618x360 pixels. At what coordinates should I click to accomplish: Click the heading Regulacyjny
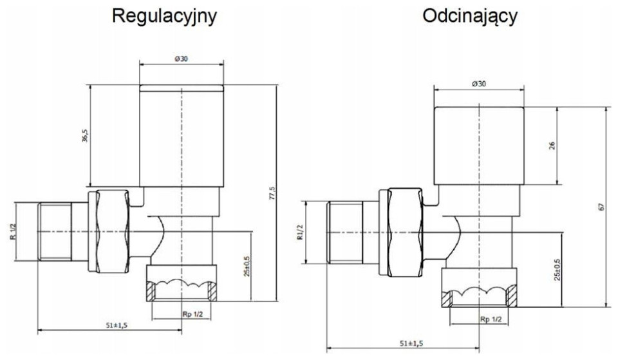coord(164,16)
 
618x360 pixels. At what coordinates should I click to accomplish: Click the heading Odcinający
coord(470,16)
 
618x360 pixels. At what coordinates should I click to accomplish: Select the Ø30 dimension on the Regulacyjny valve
coord(181,59)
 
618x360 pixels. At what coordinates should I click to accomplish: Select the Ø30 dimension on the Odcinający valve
coord(478,84)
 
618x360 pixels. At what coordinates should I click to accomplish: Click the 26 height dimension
coord(552,146)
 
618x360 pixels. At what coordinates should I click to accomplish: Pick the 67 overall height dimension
coord(600,207)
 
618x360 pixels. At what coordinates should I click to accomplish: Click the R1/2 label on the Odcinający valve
coord(299,231)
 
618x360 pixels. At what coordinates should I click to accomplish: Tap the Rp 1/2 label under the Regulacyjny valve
coord(182,314)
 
